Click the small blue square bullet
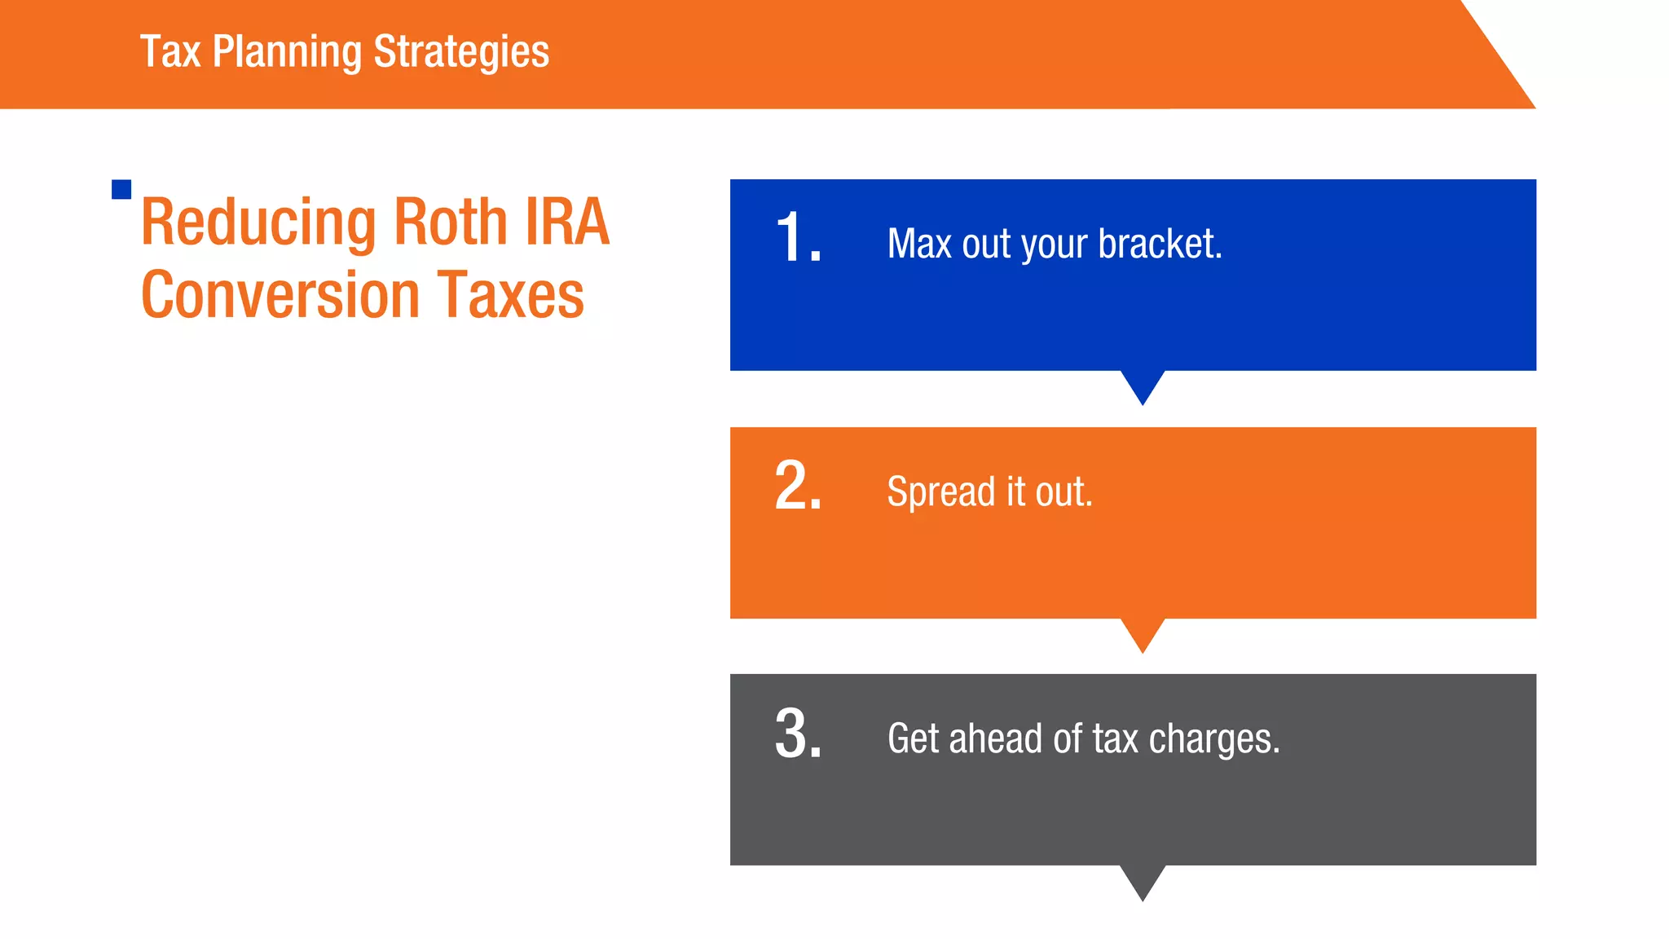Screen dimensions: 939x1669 click(x=121, y=189)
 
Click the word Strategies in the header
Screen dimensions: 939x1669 click(x=461, y=52)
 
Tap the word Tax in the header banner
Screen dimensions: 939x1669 click(x=170, y=51)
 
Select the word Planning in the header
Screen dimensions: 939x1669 click(x=287, y=52)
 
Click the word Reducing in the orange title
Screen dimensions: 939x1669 click(x=258, y=223)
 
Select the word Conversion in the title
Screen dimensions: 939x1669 click(x=280, y=295)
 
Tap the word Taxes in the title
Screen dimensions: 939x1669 click(x=511, y=295)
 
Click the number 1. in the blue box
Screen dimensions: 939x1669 click(x=798, y=238)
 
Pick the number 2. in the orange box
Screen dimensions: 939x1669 click(x=798, y=486)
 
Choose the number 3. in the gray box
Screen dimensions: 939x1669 click(x=798, y=734)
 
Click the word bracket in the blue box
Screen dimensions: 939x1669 click(x=1160, y=244)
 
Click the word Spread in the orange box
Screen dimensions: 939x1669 click(x=941, y=492)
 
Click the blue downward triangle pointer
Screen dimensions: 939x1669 click(x=1143, y=385)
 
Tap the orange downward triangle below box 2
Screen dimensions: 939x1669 click(x=1143, y=633)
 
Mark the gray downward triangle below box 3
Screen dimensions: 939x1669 click(x=1143, y=879)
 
